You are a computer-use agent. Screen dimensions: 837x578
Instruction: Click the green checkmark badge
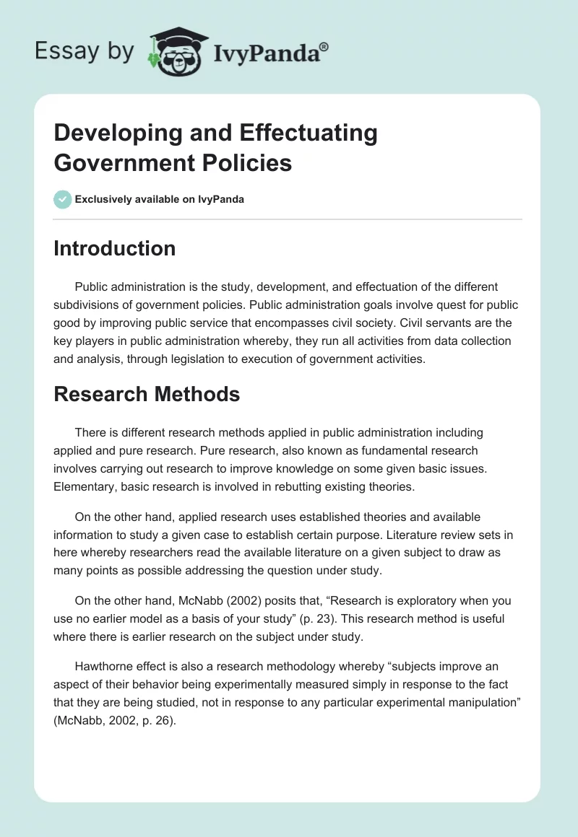[x=63, y=199]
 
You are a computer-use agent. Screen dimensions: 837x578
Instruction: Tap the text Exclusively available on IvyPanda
[x=160, y=199]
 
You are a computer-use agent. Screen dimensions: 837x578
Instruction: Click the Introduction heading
[x=115, y=249]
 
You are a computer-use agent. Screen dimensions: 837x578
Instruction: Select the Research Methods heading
[x=147, y=394]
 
